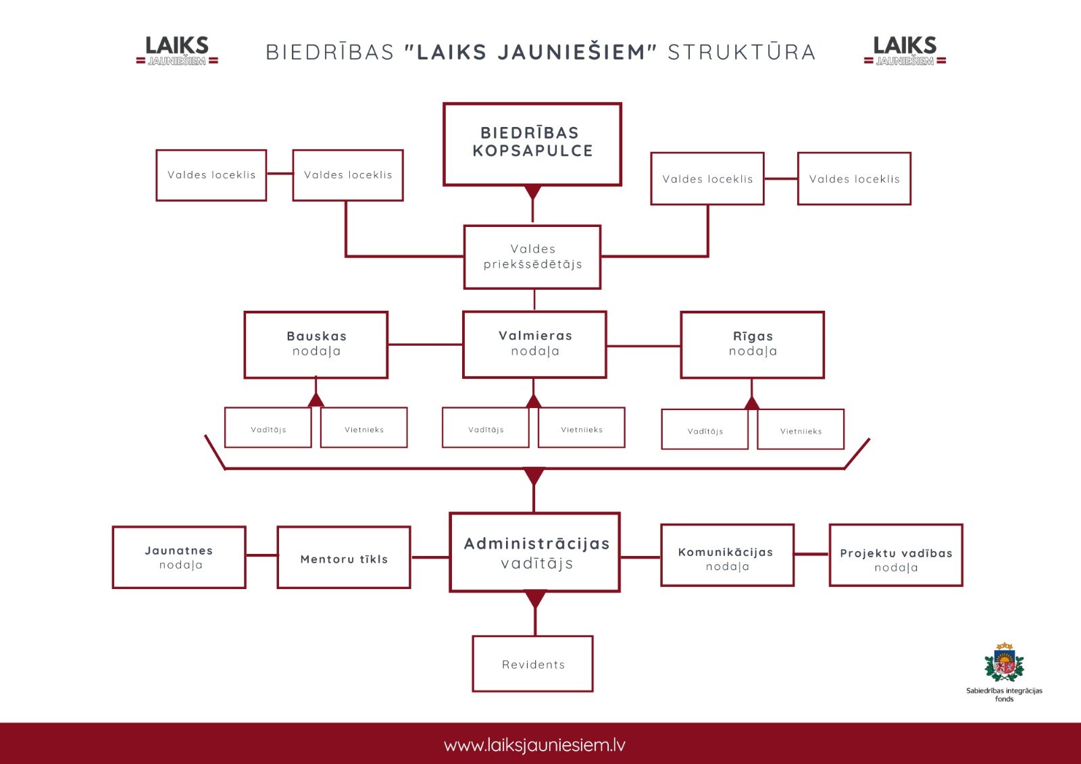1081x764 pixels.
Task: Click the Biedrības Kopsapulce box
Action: (532, 144)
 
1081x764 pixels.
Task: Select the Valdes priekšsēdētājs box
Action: (532, 257)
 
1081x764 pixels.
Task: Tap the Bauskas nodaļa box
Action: (316, 345)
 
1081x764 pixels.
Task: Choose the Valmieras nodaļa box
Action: (534, 344)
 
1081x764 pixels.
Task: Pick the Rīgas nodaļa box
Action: (753, 345)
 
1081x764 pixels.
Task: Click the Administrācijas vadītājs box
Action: (534, 552)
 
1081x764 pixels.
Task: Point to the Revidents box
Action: (533, 663)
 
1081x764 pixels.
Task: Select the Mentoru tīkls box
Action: (344, 557)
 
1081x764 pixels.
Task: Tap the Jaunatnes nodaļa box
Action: (179, 557)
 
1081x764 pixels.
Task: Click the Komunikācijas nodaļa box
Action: (727, 555)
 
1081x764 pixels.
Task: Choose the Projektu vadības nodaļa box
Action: (896, 555)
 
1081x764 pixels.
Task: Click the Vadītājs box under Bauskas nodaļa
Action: (268, 428)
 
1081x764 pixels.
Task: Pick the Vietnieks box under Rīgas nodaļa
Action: (801, 429)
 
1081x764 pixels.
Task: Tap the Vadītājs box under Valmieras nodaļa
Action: (486, 428)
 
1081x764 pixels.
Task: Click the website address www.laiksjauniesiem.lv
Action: (534, 744)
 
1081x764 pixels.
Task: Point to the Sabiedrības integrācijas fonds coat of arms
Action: (1004, 662)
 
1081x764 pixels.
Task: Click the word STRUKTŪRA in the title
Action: (742, 52)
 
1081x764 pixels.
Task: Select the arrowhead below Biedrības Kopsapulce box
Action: (532, 192)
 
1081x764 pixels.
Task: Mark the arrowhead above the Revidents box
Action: (535, 599)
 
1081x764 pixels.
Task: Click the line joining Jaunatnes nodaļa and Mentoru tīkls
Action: (261, 555)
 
